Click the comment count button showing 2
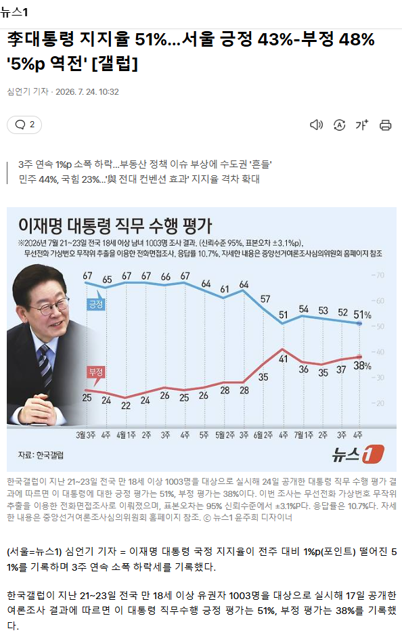point(24,125)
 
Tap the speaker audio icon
point(316,125)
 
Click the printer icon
point(385,125)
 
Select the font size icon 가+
point(362,125)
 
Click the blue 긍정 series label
point(96,304)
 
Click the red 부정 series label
point(96,372)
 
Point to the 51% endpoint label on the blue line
point(362,315)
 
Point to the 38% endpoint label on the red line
point(362,366)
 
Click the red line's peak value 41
point(283,358)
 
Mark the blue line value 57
point(265,299)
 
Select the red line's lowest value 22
point(126,406)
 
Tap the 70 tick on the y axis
point(378,276)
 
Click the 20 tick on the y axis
point(378,403)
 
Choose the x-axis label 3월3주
point(85,435)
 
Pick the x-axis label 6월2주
point(263,435)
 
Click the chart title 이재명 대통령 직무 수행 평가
point(115,225)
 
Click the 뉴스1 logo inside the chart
point(358,454)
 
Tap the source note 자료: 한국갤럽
point(41,455)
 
